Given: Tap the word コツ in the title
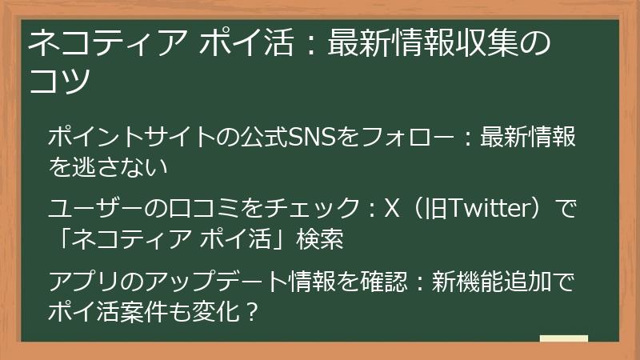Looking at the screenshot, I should coord(58,80).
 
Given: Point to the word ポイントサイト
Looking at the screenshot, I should coord(127,138).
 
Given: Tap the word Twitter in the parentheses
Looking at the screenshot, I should coord(487,210).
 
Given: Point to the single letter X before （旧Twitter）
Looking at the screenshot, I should coord(392,210).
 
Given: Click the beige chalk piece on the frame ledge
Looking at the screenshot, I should coord(563,339).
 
